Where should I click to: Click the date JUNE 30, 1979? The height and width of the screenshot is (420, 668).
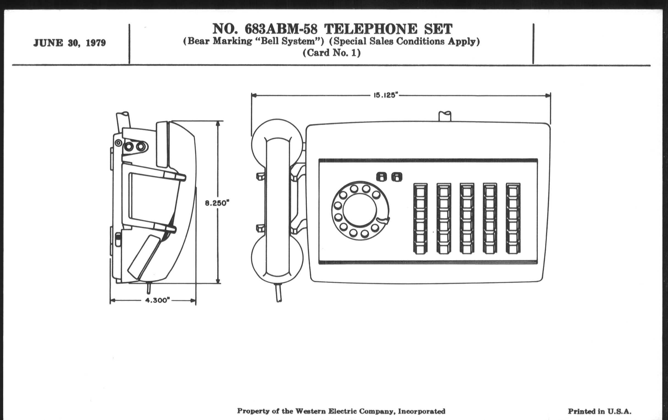coord(70,43)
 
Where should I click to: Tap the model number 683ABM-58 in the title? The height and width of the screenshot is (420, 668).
coord(281,29)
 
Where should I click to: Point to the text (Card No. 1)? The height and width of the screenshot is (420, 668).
coord(332,53)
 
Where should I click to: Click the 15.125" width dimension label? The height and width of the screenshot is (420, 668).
coord(386,95)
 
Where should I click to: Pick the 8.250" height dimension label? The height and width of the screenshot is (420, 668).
coord(218,203)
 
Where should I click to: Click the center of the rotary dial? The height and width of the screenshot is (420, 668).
coord(360,210)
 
